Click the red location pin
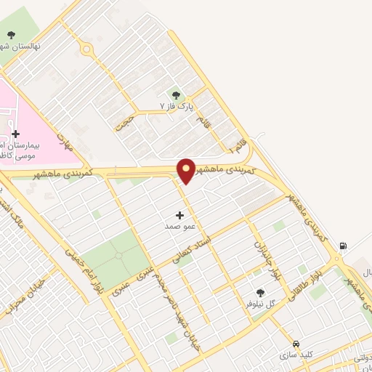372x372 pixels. click(x=187, y=170)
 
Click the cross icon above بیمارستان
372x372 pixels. click(x=15, y=133)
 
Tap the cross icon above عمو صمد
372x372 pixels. click(x=180, y=215)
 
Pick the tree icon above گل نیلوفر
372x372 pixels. click(x=260, y=293)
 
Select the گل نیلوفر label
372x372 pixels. click(x=260, y=304)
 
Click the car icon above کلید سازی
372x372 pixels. click(x=296, y=344)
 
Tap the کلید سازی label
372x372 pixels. click(x=296, y=355)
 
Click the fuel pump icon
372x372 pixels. click(x=342, y=244)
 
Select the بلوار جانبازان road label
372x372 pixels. click(x=265, y=262)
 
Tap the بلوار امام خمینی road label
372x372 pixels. click(x=81, y=270)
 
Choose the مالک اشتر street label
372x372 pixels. click(x=15, y=214)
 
